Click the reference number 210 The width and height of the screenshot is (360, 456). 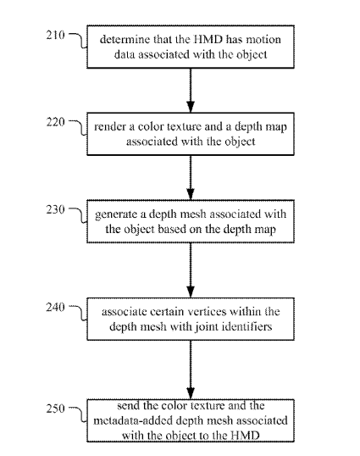pos(56,36)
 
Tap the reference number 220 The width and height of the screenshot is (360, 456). pos(56,122)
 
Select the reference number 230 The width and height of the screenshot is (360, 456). pos(56,209)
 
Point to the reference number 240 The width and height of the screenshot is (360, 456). pos(56,307)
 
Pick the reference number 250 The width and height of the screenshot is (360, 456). pos(56,409)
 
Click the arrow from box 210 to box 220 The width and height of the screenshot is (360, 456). pos(191,91)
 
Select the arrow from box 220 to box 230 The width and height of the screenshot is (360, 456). pos(191,177)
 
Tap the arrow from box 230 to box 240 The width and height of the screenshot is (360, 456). pos(191,270)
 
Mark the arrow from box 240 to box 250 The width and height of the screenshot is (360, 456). pos(191,370)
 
